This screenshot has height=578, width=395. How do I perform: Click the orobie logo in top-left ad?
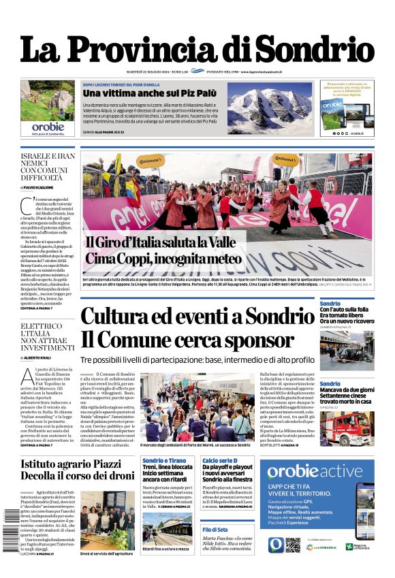coord(47,127)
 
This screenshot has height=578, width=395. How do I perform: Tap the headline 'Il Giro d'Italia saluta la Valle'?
coord(160,243)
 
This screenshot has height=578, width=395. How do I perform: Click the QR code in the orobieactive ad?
coord(293,545)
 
